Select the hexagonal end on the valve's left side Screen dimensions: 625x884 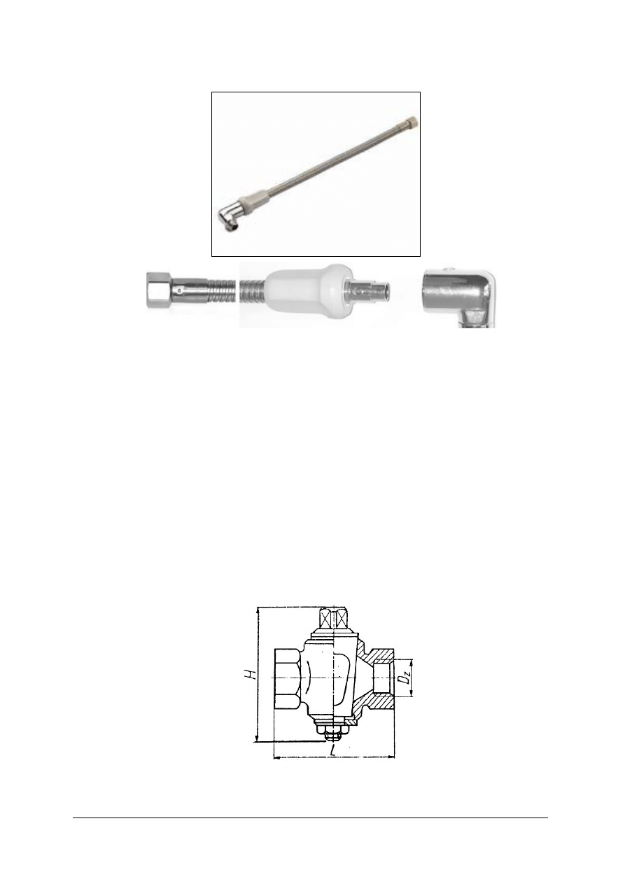(x=287, y=679)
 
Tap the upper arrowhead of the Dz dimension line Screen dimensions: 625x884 (x=412, y=662)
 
